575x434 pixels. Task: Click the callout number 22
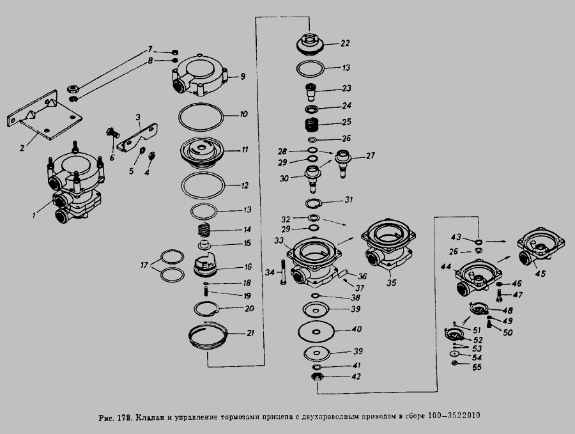point(345,43)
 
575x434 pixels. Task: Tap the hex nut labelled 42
point(316,376)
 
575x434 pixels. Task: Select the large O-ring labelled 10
point(201,117)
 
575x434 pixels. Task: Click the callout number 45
point(540,274)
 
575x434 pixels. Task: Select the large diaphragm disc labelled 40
point(316,332)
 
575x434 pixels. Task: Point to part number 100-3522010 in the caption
point(454,415)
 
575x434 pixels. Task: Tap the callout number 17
point(144,265)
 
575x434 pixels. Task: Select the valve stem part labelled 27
point(343,162)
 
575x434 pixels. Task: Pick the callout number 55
point(477,368)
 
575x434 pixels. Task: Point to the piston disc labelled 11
point(201,152)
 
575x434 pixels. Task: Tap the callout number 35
point(392,283)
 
